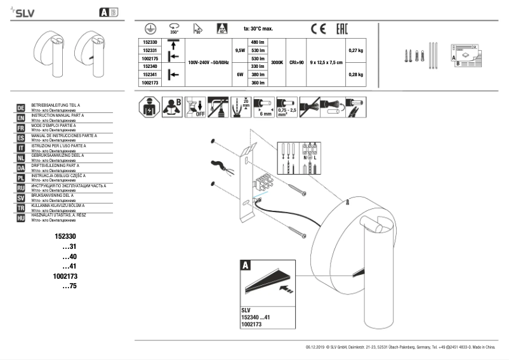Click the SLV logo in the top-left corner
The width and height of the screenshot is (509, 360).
click(20, 11)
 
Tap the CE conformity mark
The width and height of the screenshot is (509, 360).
click(318, 29)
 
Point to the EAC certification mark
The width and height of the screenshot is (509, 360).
click(340, 29)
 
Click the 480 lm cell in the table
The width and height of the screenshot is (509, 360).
click(258, 42)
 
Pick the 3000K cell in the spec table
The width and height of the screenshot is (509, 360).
click(277, 62)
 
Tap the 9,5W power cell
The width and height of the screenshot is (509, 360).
click(239, 50)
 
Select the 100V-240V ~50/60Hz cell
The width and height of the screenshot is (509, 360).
click(208, 62)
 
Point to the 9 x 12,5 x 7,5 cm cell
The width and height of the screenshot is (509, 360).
click(326, 62)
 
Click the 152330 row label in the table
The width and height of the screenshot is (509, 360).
click(150, 42)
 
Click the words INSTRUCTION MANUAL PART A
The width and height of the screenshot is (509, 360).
click(57, 115)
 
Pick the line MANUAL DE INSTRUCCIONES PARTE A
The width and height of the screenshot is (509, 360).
click(63, 135)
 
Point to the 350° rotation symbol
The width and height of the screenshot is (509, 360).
click(174, 28)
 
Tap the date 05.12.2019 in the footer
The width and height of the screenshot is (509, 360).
click(315, 348)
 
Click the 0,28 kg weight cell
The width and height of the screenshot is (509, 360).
click(356, 74)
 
